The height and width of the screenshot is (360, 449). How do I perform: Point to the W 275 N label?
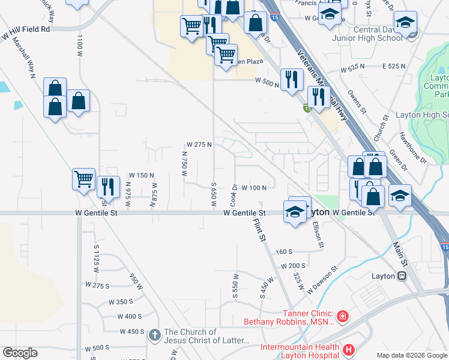pos(199,145)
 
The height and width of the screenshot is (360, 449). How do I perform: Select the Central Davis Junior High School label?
pos(367,34)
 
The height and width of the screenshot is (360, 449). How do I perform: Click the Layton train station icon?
pos(402,276)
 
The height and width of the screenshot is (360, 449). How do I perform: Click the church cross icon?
pos(154,335)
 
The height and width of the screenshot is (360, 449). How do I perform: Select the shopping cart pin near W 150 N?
pos(83,178)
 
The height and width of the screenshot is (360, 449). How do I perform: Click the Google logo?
pos(20,353)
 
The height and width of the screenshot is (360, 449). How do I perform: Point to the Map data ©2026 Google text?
pos(411,355)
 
